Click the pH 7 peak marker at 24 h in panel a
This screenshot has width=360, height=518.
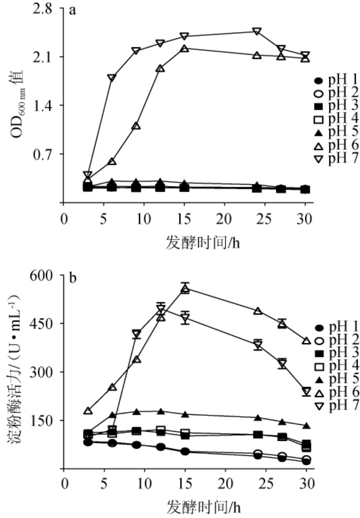tap(257, 32)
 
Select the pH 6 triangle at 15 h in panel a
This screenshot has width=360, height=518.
tap(185, 49)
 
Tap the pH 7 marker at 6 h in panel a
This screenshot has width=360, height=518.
tap(112, 78)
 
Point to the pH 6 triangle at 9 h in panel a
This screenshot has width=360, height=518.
tap(136, 126)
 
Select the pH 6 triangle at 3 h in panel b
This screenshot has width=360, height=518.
tap(88, 411)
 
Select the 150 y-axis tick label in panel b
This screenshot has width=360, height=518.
tap(47, 420)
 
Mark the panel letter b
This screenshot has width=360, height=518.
tap(73, 278)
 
